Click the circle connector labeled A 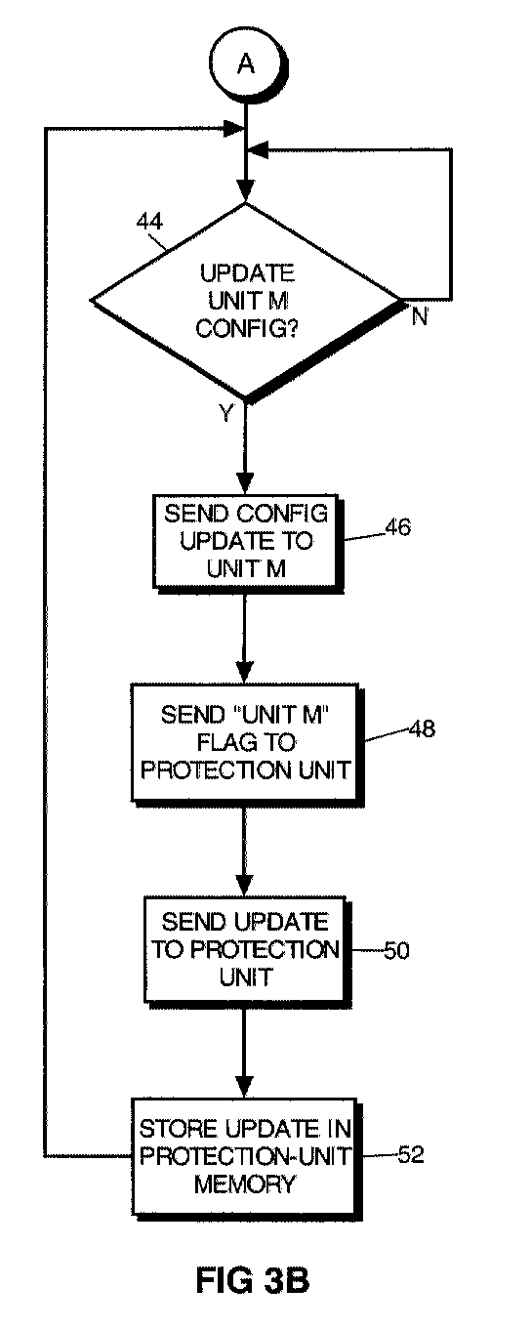point(246,63)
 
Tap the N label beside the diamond point(420,317)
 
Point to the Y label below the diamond point(226,412)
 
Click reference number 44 point(149,222)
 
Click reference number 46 point(397,527)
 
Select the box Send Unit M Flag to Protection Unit point(245,743)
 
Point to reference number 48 point(422,728)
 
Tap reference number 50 point(396,950)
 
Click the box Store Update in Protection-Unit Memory point(245,1156)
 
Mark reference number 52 point(411,1154)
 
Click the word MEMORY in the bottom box point(244,1184)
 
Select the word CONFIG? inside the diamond point(247,328)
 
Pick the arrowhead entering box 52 point(245,1087)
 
